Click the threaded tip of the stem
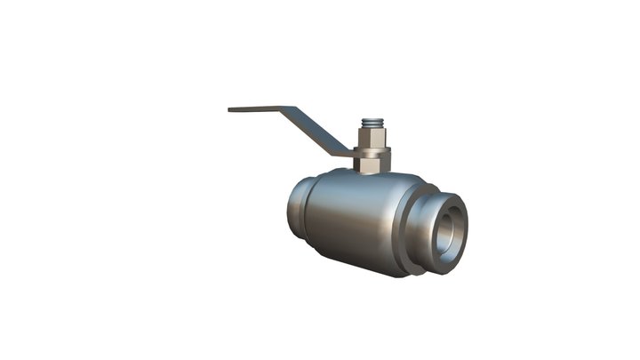coord(373,122)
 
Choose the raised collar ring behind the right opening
coord(411,231)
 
